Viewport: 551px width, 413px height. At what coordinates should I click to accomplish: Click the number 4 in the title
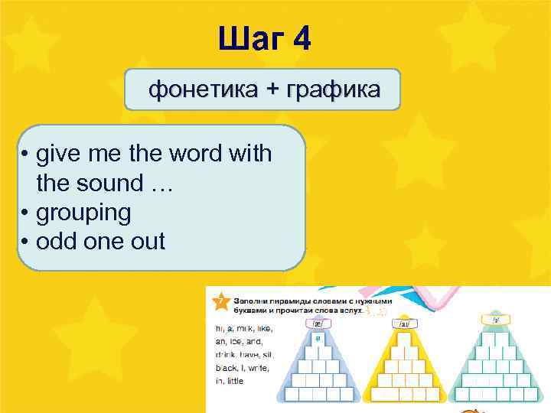pyautogui.click(x=302, y=38)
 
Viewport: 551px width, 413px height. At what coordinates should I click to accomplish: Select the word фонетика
pyautogui.click(x=203, y=90)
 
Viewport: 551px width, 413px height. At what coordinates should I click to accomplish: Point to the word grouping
pyautogui.click(x=83, y=212)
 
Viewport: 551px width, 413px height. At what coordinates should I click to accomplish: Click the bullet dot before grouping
pyautogui.click(x=25, y=213)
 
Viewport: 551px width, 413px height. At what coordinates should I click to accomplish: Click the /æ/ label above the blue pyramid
pyautogui.click(x=317, y=324)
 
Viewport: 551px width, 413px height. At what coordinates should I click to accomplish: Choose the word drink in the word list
pyautogui.click(x=226, y=355)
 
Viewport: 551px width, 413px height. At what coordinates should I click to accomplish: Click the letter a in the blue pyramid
pyautogui.click(x=316, y=337)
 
